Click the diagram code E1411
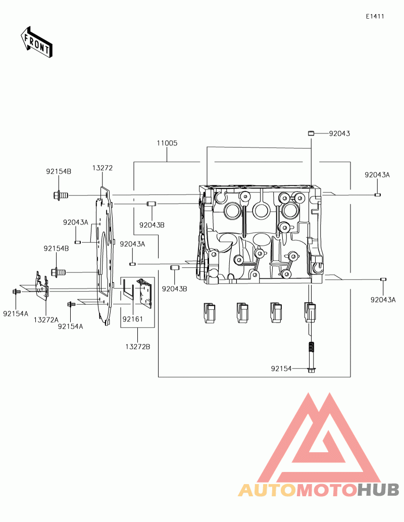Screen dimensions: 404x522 point(375,16)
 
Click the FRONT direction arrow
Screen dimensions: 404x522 point(36,42)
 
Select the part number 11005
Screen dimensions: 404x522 point(167,143)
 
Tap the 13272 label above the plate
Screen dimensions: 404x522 point(103,168)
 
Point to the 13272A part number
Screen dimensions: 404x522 point(46,320)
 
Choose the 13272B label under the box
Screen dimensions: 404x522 point(138,347)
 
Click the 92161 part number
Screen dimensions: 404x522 point(132,319)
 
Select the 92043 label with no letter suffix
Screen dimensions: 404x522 point(339,133)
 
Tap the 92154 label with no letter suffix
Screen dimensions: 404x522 point(281,368)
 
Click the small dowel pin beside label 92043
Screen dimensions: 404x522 point(311,133)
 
